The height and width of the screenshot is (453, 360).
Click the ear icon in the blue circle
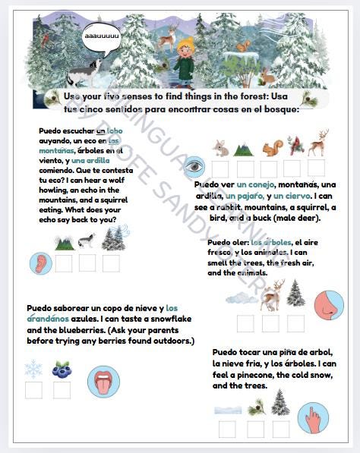[40, 263]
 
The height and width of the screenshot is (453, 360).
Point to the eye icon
[194, 166]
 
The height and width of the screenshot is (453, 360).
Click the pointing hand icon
[311, 417]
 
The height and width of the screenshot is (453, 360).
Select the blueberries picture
[62, 370]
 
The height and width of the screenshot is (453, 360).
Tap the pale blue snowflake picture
[33, 370]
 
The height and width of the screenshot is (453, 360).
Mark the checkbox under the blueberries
[62, 390]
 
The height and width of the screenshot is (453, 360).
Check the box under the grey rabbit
[220, 168]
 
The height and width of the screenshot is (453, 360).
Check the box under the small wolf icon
[87, 263]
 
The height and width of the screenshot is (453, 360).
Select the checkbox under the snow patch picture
[227, 428]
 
